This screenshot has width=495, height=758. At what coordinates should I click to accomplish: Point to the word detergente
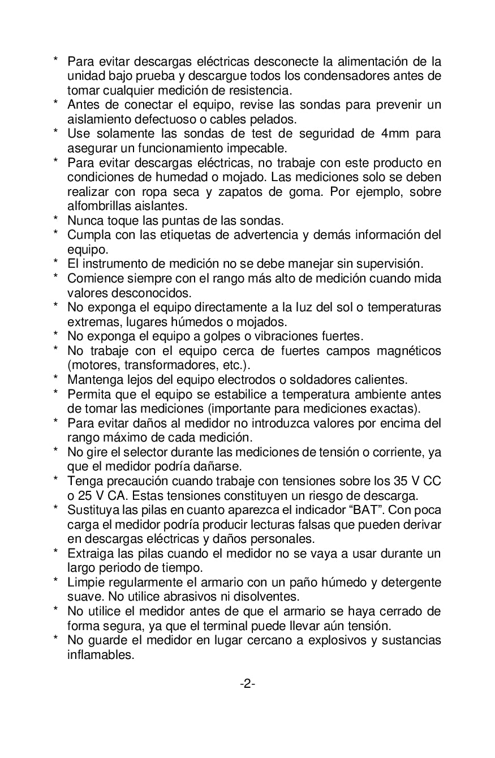click(407, 582)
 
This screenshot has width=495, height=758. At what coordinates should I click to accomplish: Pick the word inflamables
click(101, 655)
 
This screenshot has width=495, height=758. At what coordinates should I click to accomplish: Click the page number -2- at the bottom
click(247, 684)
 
